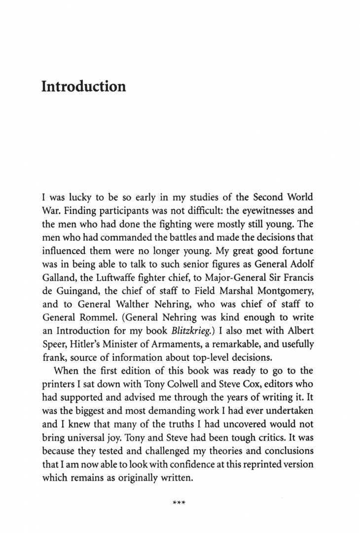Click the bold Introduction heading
click(83, 86)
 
